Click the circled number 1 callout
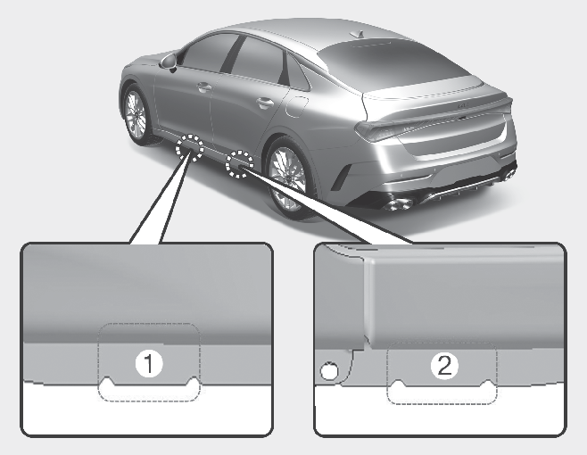coord(149,364)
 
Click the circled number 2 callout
coord(444,365)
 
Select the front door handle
coord(204,88)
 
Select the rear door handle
coord(264,103)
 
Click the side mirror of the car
coord(169,62)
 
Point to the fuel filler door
coord(296,106)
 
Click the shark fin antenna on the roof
coord(358,35)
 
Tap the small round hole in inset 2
coord(329,371)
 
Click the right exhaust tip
coord(508,174)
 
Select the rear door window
coord(259,60)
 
